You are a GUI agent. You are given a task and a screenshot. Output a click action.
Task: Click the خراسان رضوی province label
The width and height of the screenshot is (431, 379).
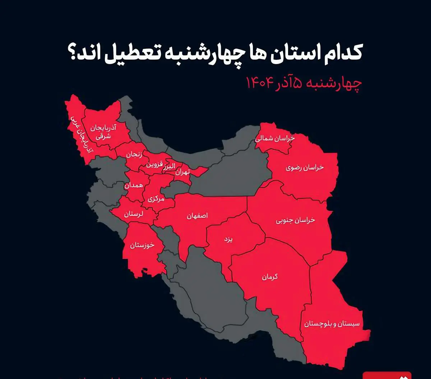point(305,168)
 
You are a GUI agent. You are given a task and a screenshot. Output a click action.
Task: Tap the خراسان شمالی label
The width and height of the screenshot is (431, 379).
point(275,139)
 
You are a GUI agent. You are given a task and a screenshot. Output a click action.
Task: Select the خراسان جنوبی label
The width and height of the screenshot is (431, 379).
point(295,220)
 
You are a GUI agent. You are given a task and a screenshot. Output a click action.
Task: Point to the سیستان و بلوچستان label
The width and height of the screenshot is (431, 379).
point(332,324)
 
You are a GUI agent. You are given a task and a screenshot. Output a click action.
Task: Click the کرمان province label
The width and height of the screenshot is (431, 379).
point(269,277)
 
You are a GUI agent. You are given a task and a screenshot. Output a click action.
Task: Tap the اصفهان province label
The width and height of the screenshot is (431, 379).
point(197,216)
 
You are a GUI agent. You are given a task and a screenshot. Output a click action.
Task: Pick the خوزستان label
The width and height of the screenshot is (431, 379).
point(142,245)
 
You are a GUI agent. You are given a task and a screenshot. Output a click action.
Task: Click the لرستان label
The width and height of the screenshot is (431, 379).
point(133,214)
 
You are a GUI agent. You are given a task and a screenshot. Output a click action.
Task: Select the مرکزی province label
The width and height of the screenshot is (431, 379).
point(156,198)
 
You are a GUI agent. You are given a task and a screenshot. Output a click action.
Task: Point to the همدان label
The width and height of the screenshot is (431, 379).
point(134,185)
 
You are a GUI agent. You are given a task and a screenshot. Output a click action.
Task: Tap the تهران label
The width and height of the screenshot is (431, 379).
point(182,172)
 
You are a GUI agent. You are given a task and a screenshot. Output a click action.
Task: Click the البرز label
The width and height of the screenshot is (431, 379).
point(168,166)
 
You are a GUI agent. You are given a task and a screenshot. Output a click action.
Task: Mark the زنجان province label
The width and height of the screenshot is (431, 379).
point(134,155)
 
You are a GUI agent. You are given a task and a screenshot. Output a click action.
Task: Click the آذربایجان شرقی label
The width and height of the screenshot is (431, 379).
point(103,132)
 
